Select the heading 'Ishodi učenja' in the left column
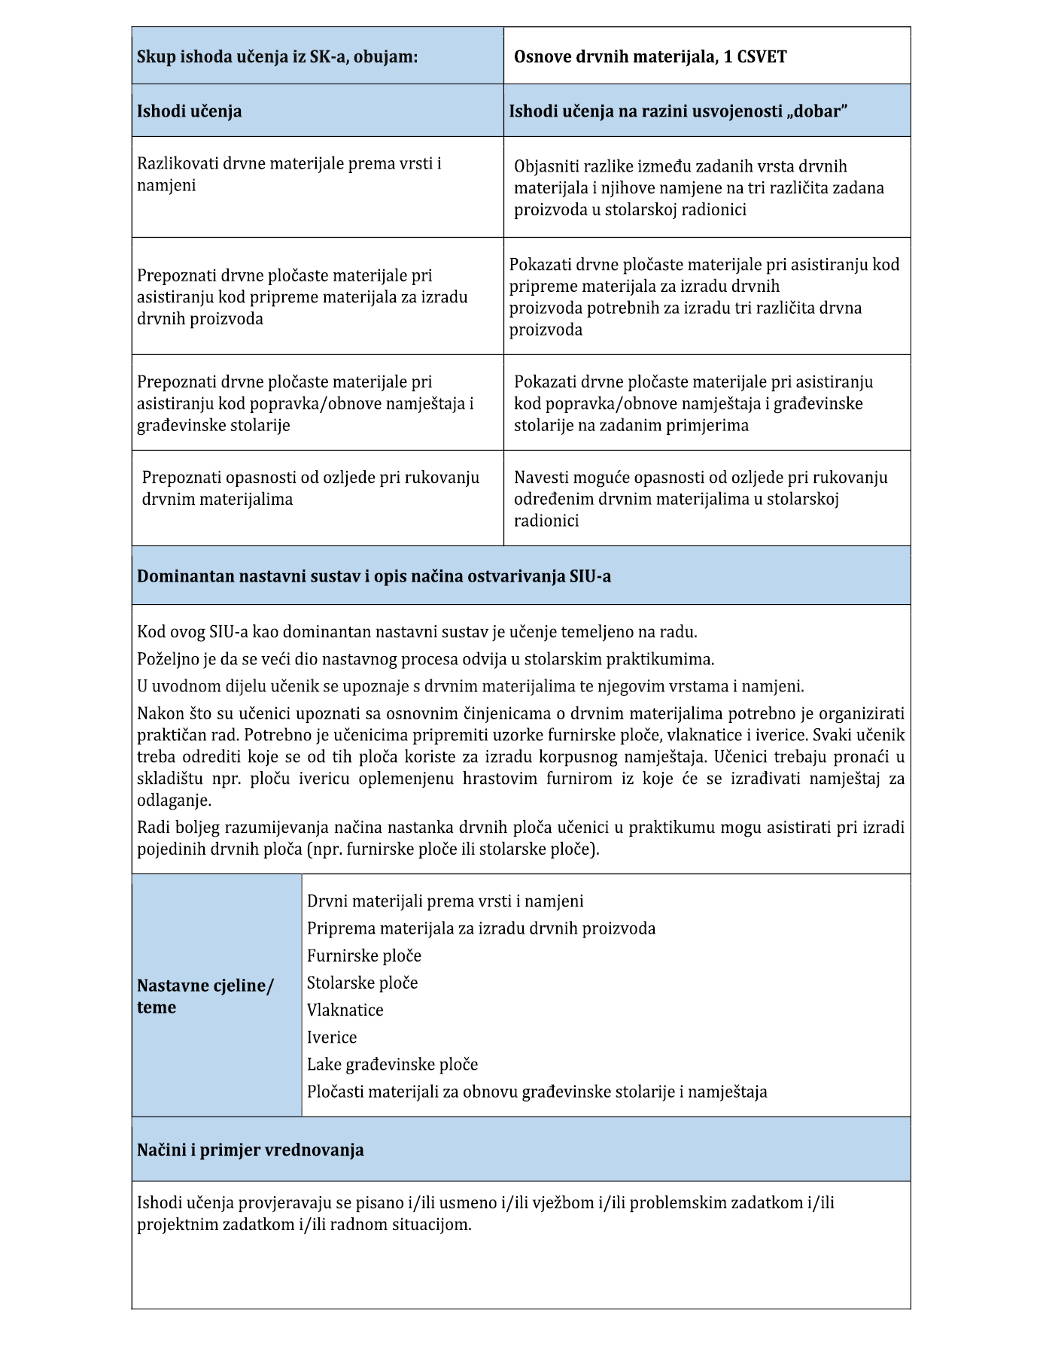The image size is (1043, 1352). pos(189,111)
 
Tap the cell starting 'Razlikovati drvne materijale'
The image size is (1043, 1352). pos(289,175)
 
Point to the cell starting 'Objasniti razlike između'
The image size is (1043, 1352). pos(698,187)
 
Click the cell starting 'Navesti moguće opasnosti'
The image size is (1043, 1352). pos(700,498)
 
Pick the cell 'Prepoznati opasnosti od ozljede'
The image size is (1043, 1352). pos(310,488)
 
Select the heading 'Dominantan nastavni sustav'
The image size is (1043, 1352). pos(373,576)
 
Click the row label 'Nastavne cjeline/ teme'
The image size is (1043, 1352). pos(205,996)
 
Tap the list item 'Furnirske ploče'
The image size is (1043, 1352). pos(364,956)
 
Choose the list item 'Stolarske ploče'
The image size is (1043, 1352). pos(362,983)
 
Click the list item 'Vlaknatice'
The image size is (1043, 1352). pos(345,1010)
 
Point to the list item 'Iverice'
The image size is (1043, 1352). pos(332,1037)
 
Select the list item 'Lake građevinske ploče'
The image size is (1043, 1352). pos(392,1064)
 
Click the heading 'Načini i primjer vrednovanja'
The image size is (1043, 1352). pos(250,1150)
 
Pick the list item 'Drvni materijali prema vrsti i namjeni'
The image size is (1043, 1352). pos(445,901)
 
